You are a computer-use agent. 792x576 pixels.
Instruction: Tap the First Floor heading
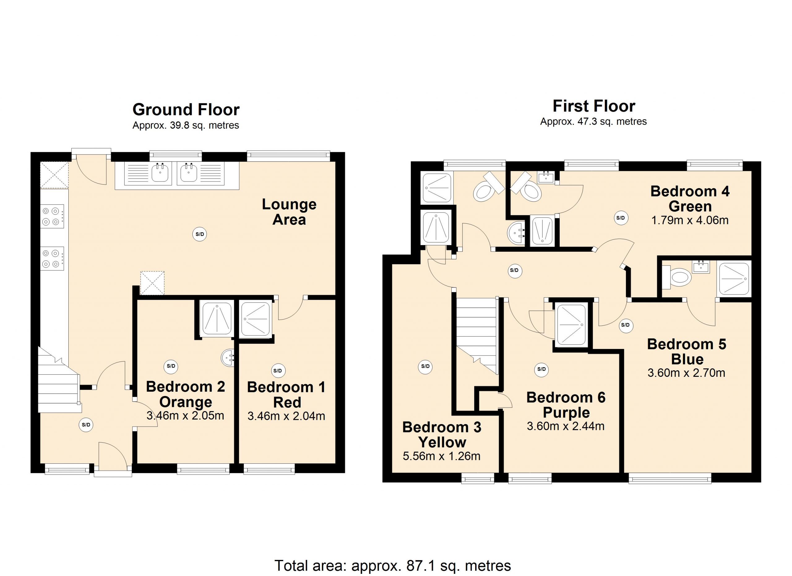[x=594, y=106]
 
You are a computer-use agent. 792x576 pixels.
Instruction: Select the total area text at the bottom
[x=393, y=565]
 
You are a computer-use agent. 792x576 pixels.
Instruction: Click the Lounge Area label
[x=289, y=212]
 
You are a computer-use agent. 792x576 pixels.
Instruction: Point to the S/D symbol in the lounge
[x=200, y=234]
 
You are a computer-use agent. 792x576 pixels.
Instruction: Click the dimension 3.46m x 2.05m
[x=185, y=416]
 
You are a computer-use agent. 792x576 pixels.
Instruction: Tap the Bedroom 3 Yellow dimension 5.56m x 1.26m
[x=441, y=456]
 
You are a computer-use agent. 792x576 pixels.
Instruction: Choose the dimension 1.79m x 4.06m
[x=690, y=220]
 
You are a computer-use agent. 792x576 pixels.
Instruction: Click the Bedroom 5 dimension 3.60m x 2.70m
[x=686, y=373]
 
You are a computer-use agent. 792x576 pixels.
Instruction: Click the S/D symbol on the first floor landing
[x=514, y=271]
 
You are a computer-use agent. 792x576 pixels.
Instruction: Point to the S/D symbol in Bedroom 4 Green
[x=621, y=218]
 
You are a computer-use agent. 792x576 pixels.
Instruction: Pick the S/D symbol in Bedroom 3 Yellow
[x=425, y=366]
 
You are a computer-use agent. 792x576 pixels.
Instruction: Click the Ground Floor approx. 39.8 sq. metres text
[x=186, y=125]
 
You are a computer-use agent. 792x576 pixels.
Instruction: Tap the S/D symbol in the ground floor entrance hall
[x=86, y=425]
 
